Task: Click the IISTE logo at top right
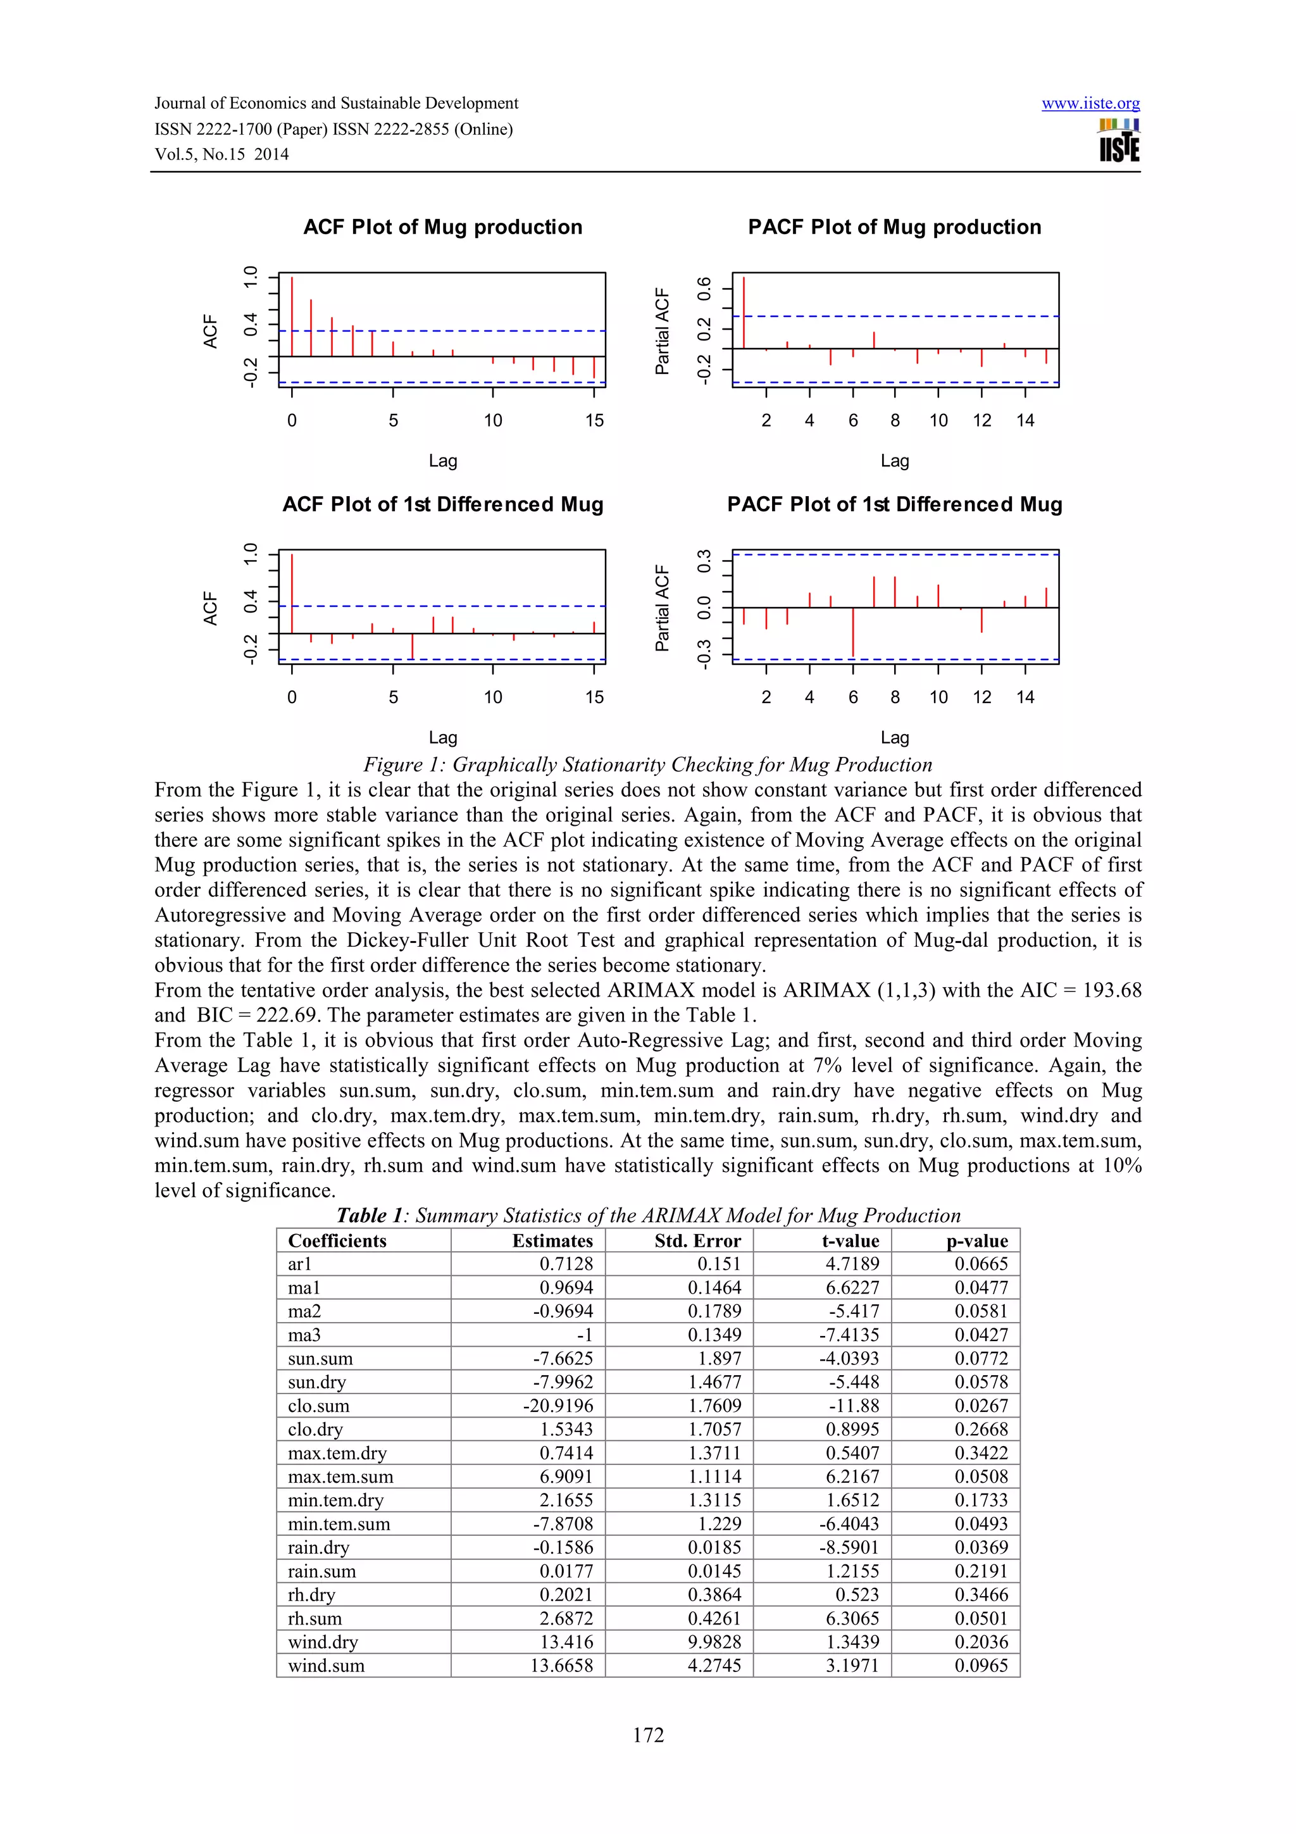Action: click(1119, 140)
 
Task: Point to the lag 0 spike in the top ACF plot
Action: click(292, 316)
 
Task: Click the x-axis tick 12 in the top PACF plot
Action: click(981, 420)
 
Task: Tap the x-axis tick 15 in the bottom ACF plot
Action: click(594, 697)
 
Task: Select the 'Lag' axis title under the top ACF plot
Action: click(442, 461)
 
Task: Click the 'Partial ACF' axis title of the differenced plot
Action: click(662, 608)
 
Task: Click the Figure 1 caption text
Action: click(647, 764)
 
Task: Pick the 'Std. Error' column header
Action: click(697, 1240)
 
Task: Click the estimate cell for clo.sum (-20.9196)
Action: click(558, 1406)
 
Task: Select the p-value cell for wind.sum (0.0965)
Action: click(981, 1666)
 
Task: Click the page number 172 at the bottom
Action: click(647, 1735)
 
